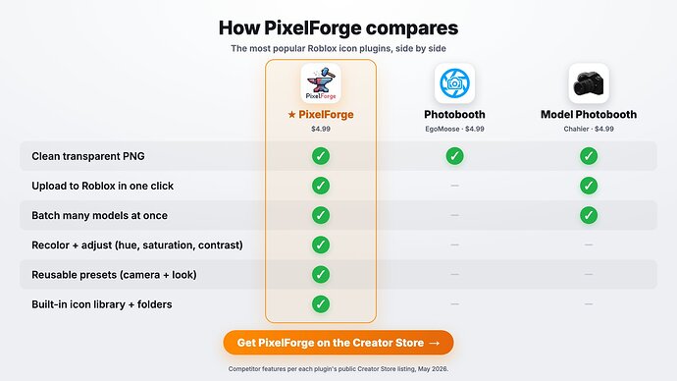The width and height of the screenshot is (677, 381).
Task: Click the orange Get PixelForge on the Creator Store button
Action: coord(338,343)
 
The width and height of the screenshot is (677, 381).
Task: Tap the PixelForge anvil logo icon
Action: coord(321,83)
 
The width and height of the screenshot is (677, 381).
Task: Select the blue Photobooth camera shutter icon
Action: coord(454,83)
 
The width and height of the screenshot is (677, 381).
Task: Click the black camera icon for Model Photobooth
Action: coord(589,83)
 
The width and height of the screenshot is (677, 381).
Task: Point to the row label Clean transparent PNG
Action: coord(88,156)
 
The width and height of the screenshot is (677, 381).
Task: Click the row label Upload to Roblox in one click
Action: coord(102,186)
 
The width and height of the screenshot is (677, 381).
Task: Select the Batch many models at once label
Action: coord(99,215)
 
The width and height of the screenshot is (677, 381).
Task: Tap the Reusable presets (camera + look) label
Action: coord(114,275)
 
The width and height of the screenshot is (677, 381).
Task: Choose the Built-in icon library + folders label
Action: coord(101,304)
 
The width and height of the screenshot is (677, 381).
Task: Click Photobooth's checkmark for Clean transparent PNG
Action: coord(454,156)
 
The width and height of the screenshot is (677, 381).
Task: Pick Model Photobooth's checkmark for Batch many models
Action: coord(589,215)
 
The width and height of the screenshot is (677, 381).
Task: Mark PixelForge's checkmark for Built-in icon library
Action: coord(321,304)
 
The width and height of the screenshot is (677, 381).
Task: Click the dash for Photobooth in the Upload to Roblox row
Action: coord(454,186)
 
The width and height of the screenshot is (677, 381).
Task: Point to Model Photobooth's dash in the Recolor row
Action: coord(589,245)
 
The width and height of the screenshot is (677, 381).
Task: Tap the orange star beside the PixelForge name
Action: coord(291,115)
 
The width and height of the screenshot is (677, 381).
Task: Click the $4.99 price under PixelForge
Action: coord(321,129)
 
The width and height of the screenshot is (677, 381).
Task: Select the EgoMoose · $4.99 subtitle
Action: coord(454,129)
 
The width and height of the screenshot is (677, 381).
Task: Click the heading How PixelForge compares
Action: coord(338,28)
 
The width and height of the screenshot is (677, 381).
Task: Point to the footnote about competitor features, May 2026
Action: coord(338,369)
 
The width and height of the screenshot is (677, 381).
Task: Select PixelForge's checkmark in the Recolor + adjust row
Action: coord(321,245)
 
